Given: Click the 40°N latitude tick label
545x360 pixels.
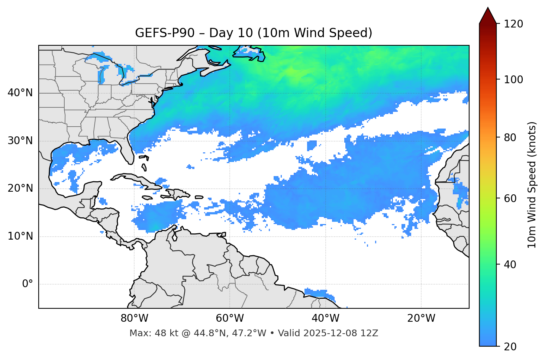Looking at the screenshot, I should coord(20,93).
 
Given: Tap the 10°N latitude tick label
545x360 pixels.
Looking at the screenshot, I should coord(20,236).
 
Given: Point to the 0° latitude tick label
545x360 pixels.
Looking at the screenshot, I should coord(28,284).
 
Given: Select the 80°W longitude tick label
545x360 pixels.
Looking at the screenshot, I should coord(134,318).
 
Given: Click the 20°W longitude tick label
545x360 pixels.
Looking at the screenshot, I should coord(421,318).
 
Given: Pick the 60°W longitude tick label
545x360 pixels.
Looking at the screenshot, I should coord(230,318).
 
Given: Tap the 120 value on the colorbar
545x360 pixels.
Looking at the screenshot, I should coord(513,24).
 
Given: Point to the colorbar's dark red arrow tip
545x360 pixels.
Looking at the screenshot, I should coord(488,9).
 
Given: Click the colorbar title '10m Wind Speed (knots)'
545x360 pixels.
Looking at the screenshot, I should coord(532,185).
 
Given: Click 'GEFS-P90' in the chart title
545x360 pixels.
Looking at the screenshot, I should coord(165,33).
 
